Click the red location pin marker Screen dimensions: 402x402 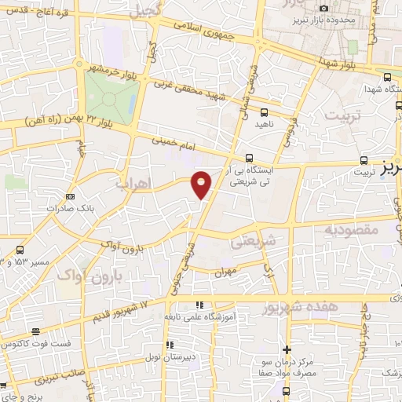click(202, 184)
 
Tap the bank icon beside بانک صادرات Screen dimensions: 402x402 click(71, 196)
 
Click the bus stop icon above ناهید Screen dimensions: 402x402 click(264, 112)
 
